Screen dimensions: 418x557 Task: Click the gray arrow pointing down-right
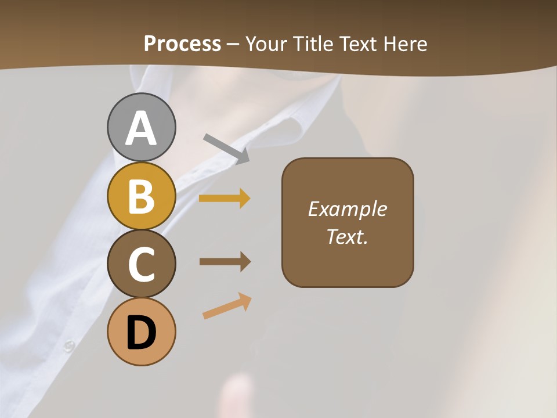(x=226, y=148)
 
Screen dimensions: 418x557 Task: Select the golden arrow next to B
(x=225, y=199)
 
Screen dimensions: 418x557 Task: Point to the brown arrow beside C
(x=225, y=262)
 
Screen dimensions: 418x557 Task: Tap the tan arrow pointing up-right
(x=227, y=307)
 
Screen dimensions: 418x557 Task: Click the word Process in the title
(x=182, y=44)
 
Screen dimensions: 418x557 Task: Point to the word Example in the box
(x=347, y=209)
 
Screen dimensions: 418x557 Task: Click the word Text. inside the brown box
(x=347, y=236)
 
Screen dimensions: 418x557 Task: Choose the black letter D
(x=141, y=333)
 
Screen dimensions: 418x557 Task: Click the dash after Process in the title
(x=233, y=44)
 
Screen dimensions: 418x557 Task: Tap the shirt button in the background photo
(x=69, y=346)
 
